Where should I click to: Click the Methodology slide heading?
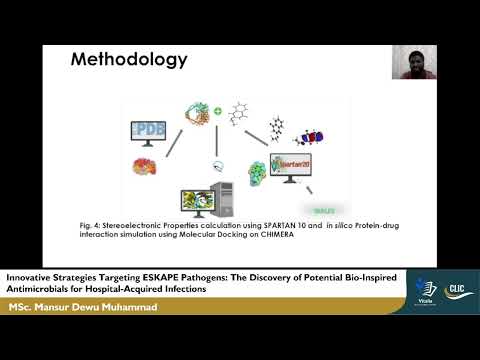(x=128, y=59)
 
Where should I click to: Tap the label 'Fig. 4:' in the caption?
(x=133, y=226)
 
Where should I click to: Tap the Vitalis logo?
(x=419, y=292)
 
